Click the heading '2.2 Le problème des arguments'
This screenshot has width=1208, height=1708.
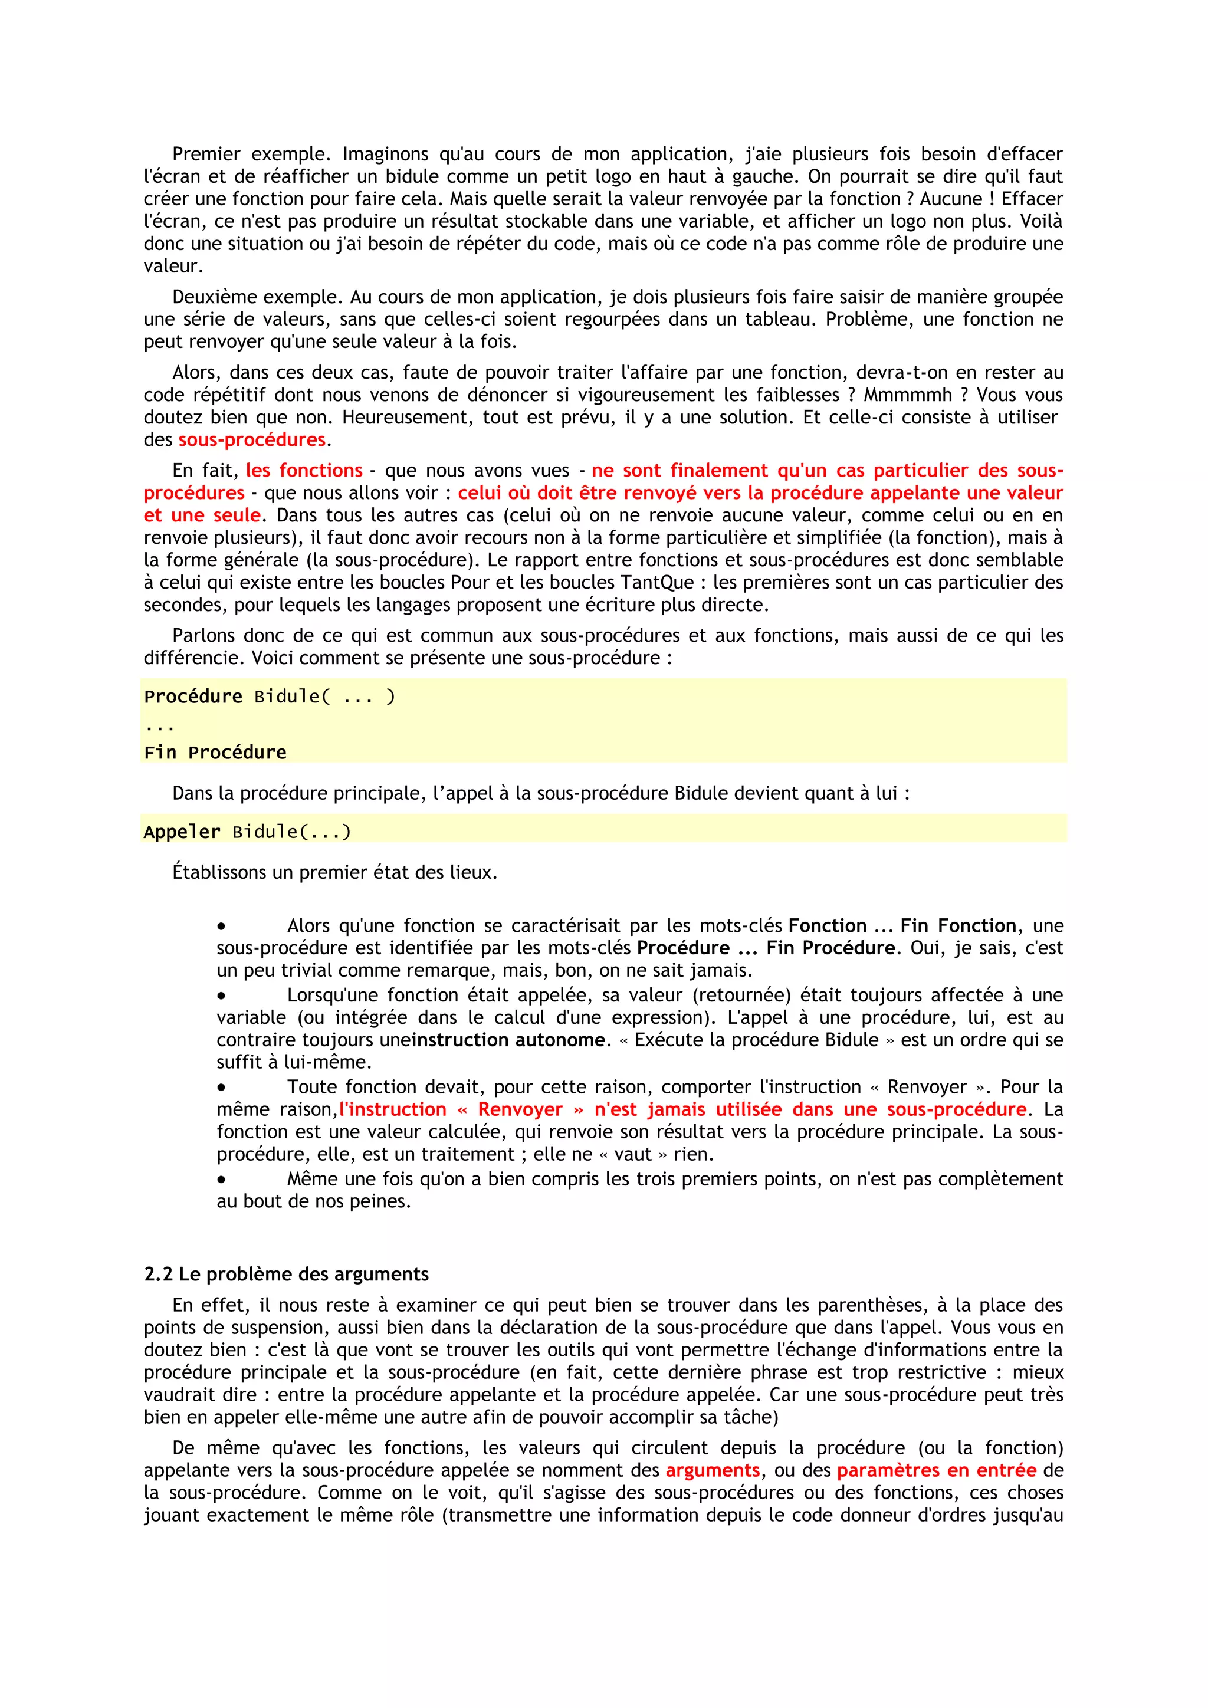(x=287, y=1275)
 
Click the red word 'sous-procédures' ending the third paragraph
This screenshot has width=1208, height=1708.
(x=251, y=439)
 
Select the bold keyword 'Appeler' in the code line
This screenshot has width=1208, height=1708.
(x=182, y=832)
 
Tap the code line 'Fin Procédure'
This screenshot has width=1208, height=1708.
(x=215, y=752)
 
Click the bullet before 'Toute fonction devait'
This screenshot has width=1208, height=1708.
(x=222, y=1088)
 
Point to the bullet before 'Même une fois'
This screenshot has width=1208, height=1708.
(x=222, y=1179)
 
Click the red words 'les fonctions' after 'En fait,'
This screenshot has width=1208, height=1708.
(x=304, y=471)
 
